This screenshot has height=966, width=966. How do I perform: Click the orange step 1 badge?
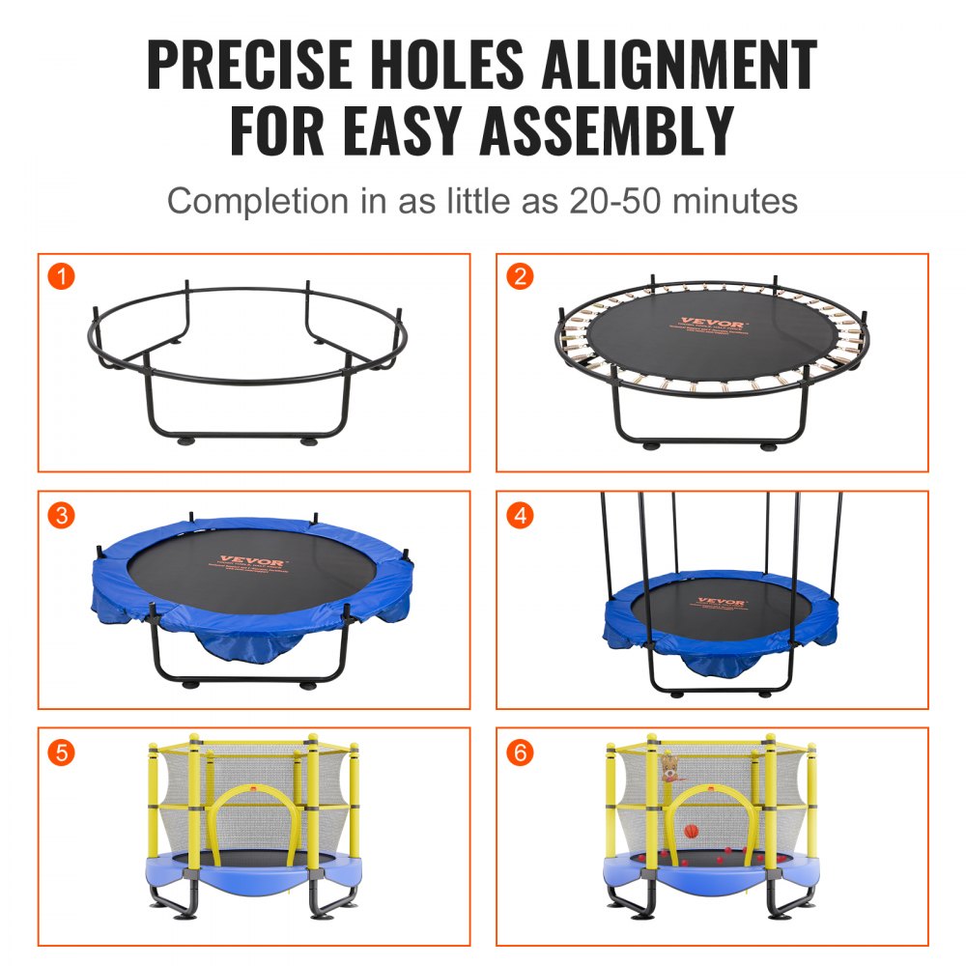(x=62, y=277)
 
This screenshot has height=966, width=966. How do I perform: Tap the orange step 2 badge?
(x=521, y=277)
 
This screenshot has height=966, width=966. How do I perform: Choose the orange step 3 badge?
(x=62, y=515)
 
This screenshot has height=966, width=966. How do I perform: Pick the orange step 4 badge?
(x=521, y=515)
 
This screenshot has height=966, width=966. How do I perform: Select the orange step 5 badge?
(x=62, y=752)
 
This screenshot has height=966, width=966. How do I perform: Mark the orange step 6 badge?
(x=521, y=752)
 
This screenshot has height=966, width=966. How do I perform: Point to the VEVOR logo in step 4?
(x=722, y=602)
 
